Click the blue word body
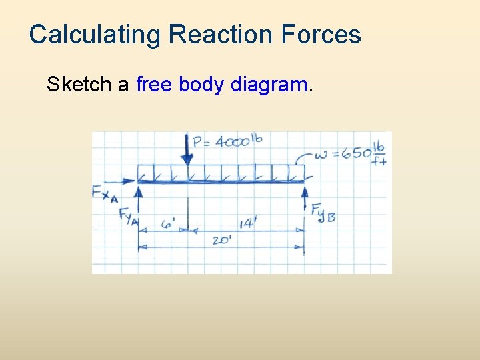coord(201,85)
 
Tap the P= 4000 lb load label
coord(227,141)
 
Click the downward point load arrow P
coord(187,150)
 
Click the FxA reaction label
coord(105,193)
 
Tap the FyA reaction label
coord(128,216)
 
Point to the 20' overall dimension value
coord(221,240)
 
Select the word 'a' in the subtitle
coord(123,85)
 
